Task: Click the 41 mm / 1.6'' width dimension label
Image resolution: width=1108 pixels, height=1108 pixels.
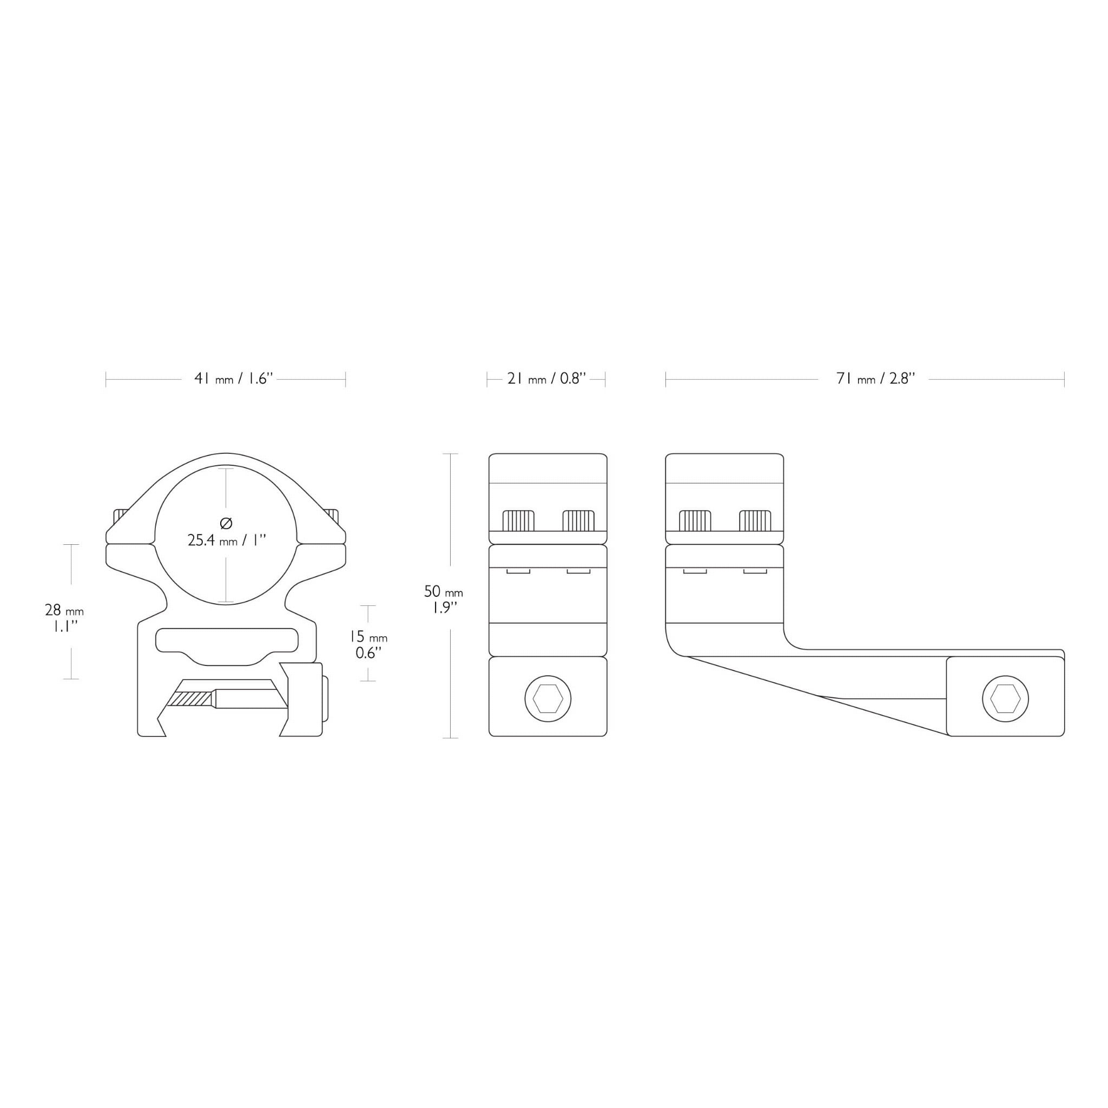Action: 233,379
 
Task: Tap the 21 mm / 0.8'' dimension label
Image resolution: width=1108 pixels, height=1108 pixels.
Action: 546,379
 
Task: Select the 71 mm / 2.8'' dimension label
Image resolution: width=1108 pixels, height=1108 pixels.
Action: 875,379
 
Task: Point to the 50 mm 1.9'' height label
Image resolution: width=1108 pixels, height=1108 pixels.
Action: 443,599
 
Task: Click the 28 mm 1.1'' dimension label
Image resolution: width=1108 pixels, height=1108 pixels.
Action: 64,618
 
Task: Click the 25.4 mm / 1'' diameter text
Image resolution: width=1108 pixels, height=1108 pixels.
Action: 227,540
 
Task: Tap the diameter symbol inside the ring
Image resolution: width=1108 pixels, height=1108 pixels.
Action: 226,523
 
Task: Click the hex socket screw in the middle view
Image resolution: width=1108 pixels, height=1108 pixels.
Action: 548,698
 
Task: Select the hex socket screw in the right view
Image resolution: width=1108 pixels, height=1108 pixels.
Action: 1005,698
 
